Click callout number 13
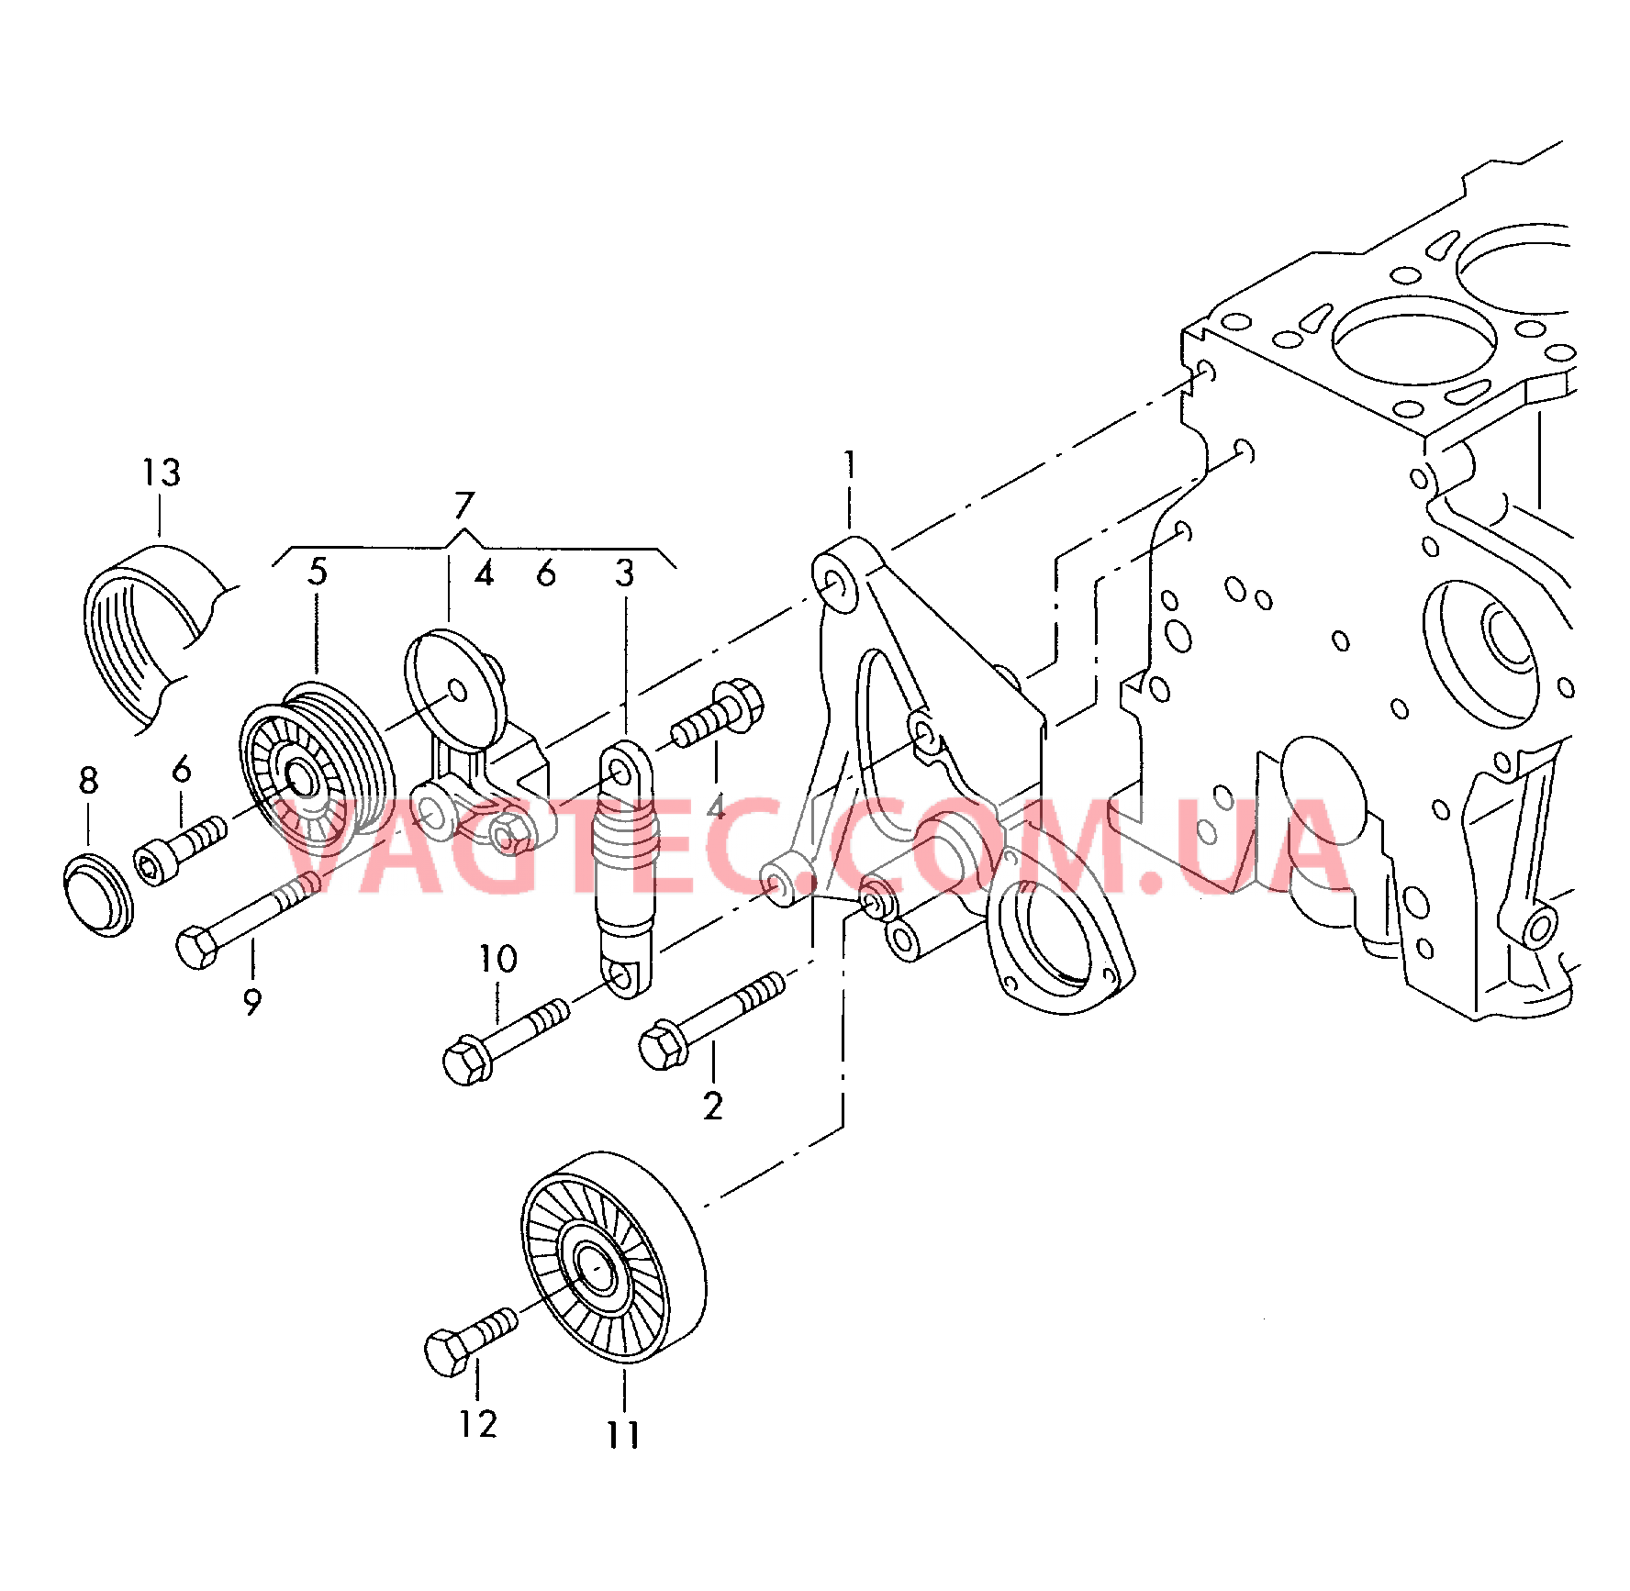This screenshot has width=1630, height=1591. point(162,473)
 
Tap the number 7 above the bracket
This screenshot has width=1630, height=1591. point(464,506)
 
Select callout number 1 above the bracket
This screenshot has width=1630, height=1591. point(850,464)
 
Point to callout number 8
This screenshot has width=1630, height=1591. point(88,781)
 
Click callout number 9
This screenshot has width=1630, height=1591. point(252,1001)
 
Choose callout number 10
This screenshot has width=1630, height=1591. point(498,960)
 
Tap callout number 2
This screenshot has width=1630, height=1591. point(713,1107)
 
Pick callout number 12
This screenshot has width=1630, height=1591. point(478,1424)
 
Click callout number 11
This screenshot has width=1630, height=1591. point(623,1435)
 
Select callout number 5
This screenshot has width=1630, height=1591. point(318,572)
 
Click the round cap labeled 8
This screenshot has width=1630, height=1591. point(98,894)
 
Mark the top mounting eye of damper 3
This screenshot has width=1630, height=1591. point(622,773)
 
